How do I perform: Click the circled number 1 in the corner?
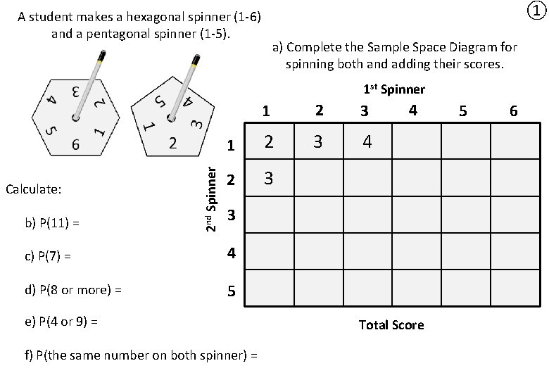click(536, 11)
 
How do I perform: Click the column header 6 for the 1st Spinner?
click(514, 111)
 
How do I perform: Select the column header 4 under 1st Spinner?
click(413, 110)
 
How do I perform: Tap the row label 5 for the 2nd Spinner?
click(232, 291)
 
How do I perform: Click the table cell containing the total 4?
click(367, 143)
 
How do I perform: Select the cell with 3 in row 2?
click(269, 179)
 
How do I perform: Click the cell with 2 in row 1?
click(269, 143)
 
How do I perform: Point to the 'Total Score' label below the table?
click(391, 324)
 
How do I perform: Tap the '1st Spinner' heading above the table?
click(394, 89)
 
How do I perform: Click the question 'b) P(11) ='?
click(52, 224)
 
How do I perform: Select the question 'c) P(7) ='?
click(48, 256)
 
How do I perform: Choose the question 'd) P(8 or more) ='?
click(73, 289)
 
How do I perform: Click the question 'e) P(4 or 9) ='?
click(61, 322)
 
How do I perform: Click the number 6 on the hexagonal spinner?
click(75, 145)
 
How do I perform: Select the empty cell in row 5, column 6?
click(514, 289)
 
